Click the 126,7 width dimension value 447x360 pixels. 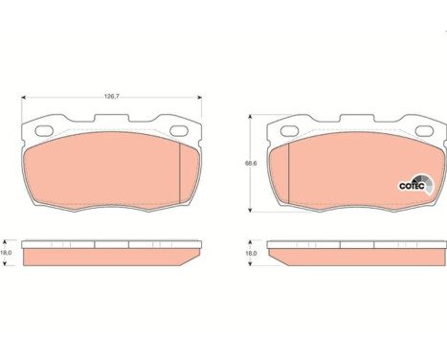112,96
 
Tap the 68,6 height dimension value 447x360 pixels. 251,163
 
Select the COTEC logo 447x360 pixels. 416,185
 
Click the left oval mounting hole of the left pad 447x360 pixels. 44,130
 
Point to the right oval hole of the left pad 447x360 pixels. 179,130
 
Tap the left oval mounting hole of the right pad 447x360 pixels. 289,130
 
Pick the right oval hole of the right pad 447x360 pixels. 425,130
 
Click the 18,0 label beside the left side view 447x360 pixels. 6,253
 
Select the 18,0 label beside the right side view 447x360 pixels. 251,253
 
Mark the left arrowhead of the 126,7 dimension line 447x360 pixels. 23,98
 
